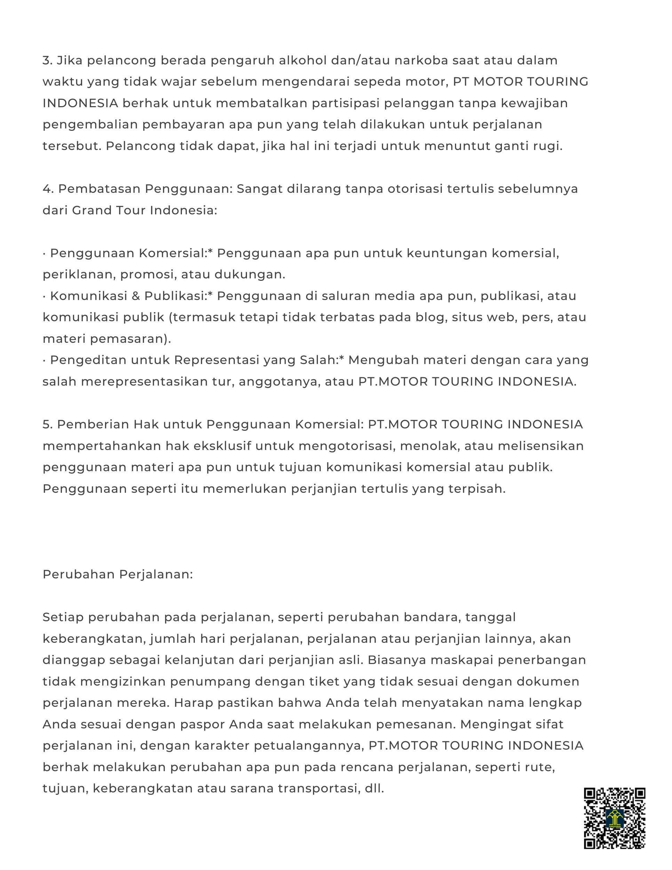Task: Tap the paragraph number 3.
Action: tap(47, 61)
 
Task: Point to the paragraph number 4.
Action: tap(47, 189)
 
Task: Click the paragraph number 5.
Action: tap(47, 425)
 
